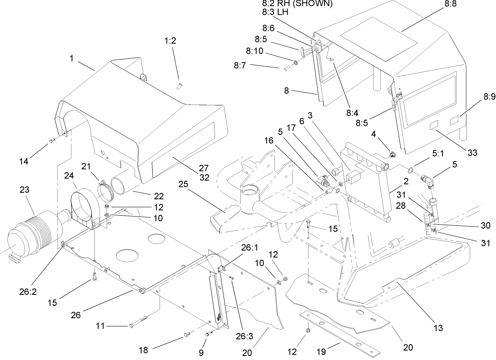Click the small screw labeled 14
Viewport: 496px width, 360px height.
click(51, 141)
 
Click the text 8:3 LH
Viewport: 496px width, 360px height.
click(275, 12)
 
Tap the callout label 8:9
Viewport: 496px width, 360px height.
click(489, 97)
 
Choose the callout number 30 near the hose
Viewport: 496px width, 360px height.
click(485, 226)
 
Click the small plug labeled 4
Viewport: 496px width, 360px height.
click(391, 155)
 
